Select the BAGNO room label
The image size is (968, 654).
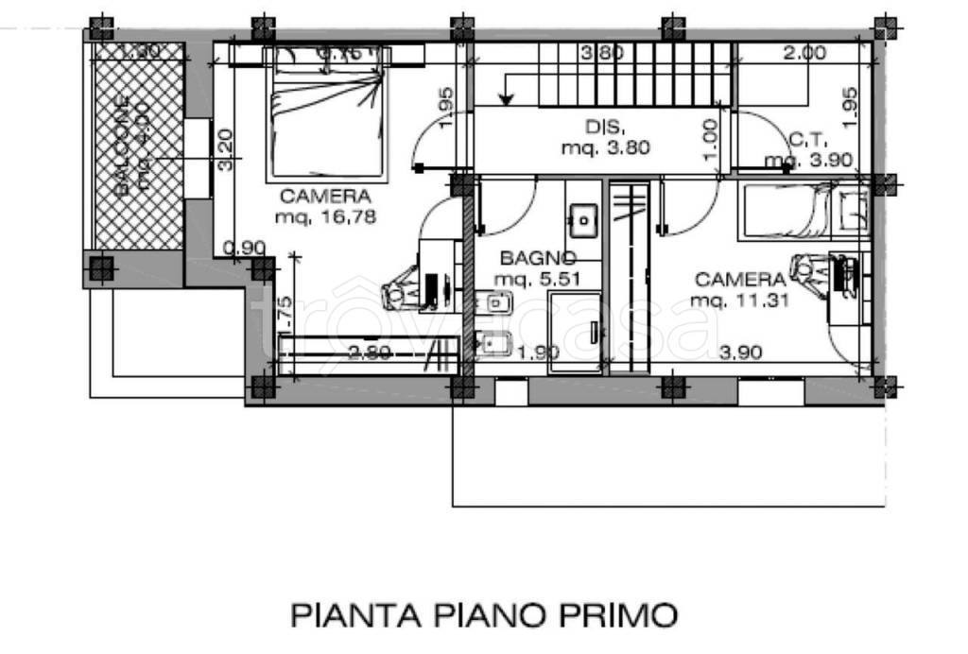(x=538, y=257)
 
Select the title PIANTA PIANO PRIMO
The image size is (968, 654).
(x=483, y=615)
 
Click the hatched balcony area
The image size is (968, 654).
(x=138, y=146)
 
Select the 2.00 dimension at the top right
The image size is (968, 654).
(x=804, y=54)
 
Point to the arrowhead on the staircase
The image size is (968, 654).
(x=508, y=96)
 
